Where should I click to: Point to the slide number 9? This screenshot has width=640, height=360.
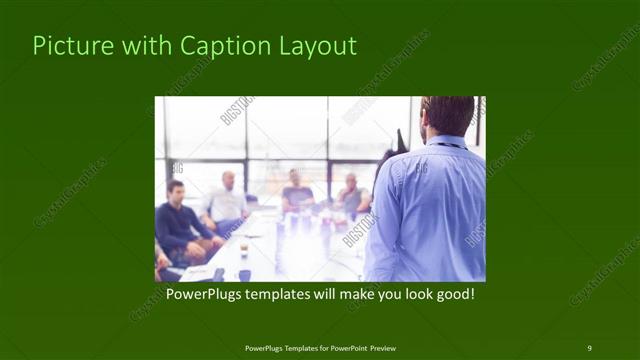(x=589, y=347)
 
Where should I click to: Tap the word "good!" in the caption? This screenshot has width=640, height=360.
(x=451, y=294)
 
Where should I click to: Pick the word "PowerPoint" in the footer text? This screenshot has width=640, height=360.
(x=345, y=348)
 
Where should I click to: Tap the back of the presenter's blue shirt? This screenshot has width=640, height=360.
(x=430, y=210)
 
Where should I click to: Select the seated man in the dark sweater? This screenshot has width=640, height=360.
(x=178, y=225)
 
